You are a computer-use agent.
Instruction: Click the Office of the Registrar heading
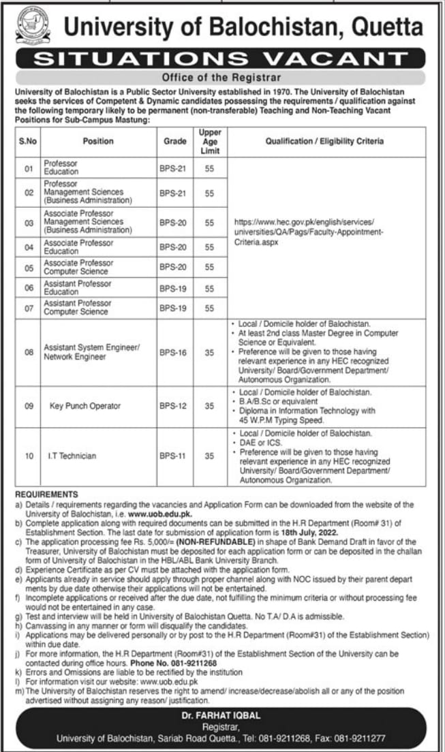click(x=221, y=78)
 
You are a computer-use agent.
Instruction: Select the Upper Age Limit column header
click(x=210, y=141)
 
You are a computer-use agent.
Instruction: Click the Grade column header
click(x=175, y=141)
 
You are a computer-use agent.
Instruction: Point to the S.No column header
click(x=29, y=141)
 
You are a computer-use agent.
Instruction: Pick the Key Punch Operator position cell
click(x=85, y=406)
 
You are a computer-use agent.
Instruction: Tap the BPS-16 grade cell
click(x=175, y=352)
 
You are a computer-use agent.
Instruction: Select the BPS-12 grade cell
click(x=175, y=406)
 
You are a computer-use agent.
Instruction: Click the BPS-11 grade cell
click(x=175, y=456)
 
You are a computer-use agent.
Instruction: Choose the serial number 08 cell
click(x=29, y=352)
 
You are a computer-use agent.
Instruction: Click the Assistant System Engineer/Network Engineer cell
click(x=92, y=351)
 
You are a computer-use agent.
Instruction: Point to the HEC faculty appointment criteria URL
click(x=309, y=232)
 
